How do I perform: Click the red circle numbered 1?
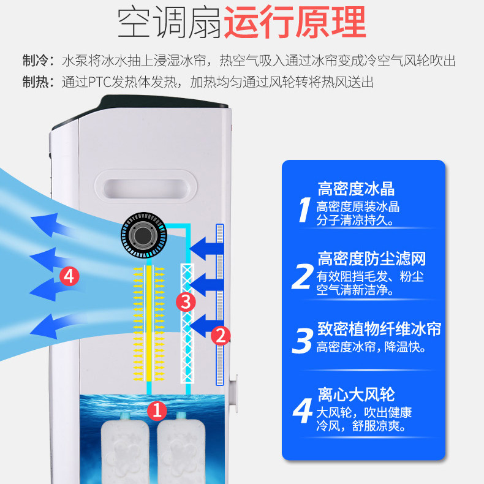(x=157, y=411)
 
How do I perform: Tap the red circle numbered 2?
(x=221, y=336)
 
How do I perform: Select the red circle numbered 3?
(x=186, y=302)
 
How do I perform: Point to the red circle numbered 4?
(x=69, y=276)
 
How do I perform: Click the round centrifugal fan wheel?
(x=144, y=235)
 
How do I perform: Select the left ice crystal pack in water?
(x=125, y=448)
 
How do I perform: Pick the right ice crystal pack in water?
(x=181, y=448)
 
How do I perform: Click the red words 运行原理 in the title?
(x=295, y=22)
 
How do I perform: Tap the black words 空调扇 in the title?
(x=170, y=22)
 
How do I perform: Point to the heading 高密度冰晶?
(x=356, y=189)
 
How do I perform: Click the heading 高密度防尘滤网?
(x=372, y=259)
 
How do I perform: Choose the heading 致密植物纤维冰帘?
(x=379, y=328)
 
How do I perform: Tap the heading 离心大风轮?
(x=356, y=394)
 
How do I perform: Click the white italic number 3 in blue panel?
(x=303, y=341)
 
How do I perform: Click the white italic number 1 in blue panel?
(x=304, y=210)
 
